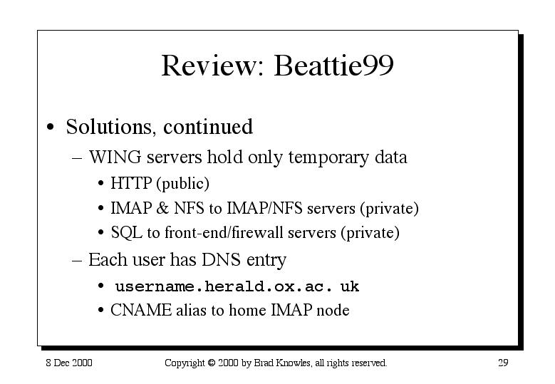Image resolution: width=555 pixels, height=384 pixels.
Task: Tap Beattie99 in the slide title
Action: [x=333, y=65]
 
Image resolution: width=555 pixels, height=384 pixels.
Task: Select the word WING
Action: [x=115, y=157]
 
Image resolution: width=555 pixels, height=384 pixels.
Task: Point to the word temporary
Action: [x=328, y=158]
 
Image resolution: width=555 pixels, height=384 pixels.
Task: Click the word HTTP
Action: [x=131, y=183]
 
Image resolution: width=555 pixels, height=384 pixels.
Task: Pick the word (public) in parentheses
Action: [x=182, y=184]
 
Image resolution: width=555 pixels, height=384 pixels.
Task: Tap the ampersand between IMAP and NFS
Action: [x=162, y=208]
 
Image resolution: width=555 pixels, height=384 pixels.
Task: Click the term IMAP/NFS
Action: [x=265, y=208]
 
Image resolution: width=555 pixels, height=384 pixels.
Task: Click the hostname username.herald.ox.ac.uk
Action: [x=237, y=286]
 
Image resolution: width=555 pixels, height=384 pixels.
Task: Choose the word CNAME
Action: [x=141, y=310]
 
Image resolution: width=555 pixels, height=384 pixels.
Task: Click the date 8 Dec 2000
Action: [x=69, y=363]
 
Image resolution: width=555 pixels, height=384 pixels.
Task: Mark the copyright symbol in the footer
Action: [x=212, y=363]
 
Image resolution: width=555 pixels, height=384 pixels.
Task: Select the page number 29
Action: [x=503, y=363]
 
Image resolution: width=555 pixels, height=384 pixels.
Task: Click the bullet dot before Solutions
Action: [x=51, y=128]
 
